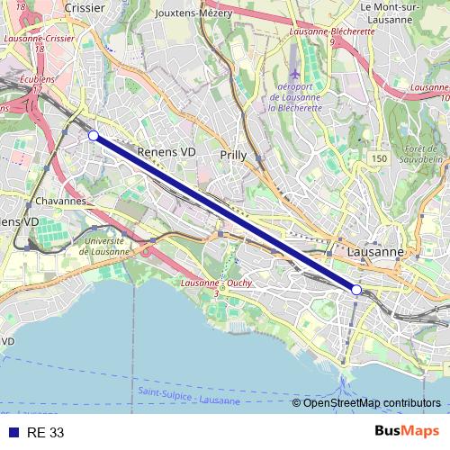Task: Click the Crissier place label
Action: [x=85, y=8]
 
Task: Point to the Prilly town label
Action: [x=233, y=156]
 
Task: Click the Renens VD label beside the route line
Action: [x=166, y=152]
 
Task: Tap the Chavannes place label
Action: [x=62, y=201]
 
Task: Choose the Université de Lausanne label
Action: [x=104, y=246]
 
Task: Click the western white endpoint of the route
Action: [x=94, y=135]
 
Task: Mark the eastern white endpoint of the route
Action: [x=356, y=290]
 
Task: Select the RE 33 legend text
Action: [x=46, y=433]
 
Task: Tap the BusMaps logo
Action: [x=408, y=432]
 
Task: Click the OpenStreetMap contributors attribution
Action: [x=372, y=402]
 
